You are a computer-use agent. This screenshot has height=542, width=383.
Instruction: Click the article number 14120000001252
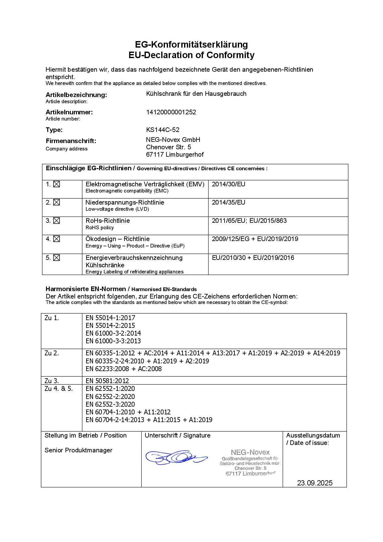coord(171,112)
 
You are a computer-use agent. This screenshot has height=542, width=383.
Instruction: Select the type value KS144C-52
coord(163,130)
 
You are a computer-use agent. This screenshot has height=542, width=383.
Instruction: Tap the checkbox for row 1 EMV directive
coord(57,184)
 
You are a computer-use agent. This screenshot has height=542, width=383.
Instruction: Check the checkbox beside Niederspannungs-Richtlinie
coord(57,202)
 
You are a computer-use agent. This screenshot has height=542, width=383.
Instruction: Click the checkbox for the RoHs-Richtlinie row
coord(57,221)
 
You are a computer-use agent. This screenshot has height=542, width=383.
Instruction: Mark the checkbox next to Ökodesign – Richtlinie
coord(57,239)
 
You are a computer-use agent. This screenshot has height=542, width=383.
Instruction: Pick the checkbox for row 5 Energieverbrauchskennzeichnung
coord(57,258)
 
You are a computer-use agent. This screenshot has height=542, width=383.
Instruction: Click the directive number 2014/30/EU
coord(229,184)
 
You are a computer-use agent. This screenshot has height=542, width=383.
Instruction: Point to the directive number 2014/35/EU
coord(229,202)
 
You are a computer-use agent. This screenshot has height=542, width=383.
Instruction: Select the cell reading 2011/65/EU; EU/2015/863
coord(249,221)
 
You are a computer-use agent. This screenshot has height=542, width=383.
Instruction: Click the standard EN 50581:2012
coord(107,381)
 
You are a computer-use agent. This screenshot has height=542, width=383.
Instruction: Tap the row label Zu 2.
coord(52,353)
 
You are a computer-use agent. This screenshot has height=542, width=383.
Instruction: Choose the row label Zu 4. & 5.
coord(59,389)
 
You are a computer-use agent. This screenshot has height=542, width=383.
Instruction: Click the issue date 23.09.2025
coord(315,483)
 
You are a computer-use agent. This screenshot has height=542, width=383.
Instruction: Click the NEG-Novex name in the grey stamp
coord(250,452)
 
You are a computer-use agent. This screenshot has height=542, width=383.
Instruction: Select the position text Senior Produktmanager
coord(78,450)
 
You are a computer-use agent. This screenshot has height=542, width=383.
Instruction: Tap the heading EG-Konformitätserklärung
coord(192,44)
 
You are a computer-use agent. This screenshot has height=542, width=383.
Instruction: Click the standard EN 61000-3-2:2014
coord(113,333)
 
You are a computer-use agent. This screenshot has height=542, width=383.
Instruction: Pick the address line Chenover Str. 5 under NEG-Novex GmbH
coord(169,147)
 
